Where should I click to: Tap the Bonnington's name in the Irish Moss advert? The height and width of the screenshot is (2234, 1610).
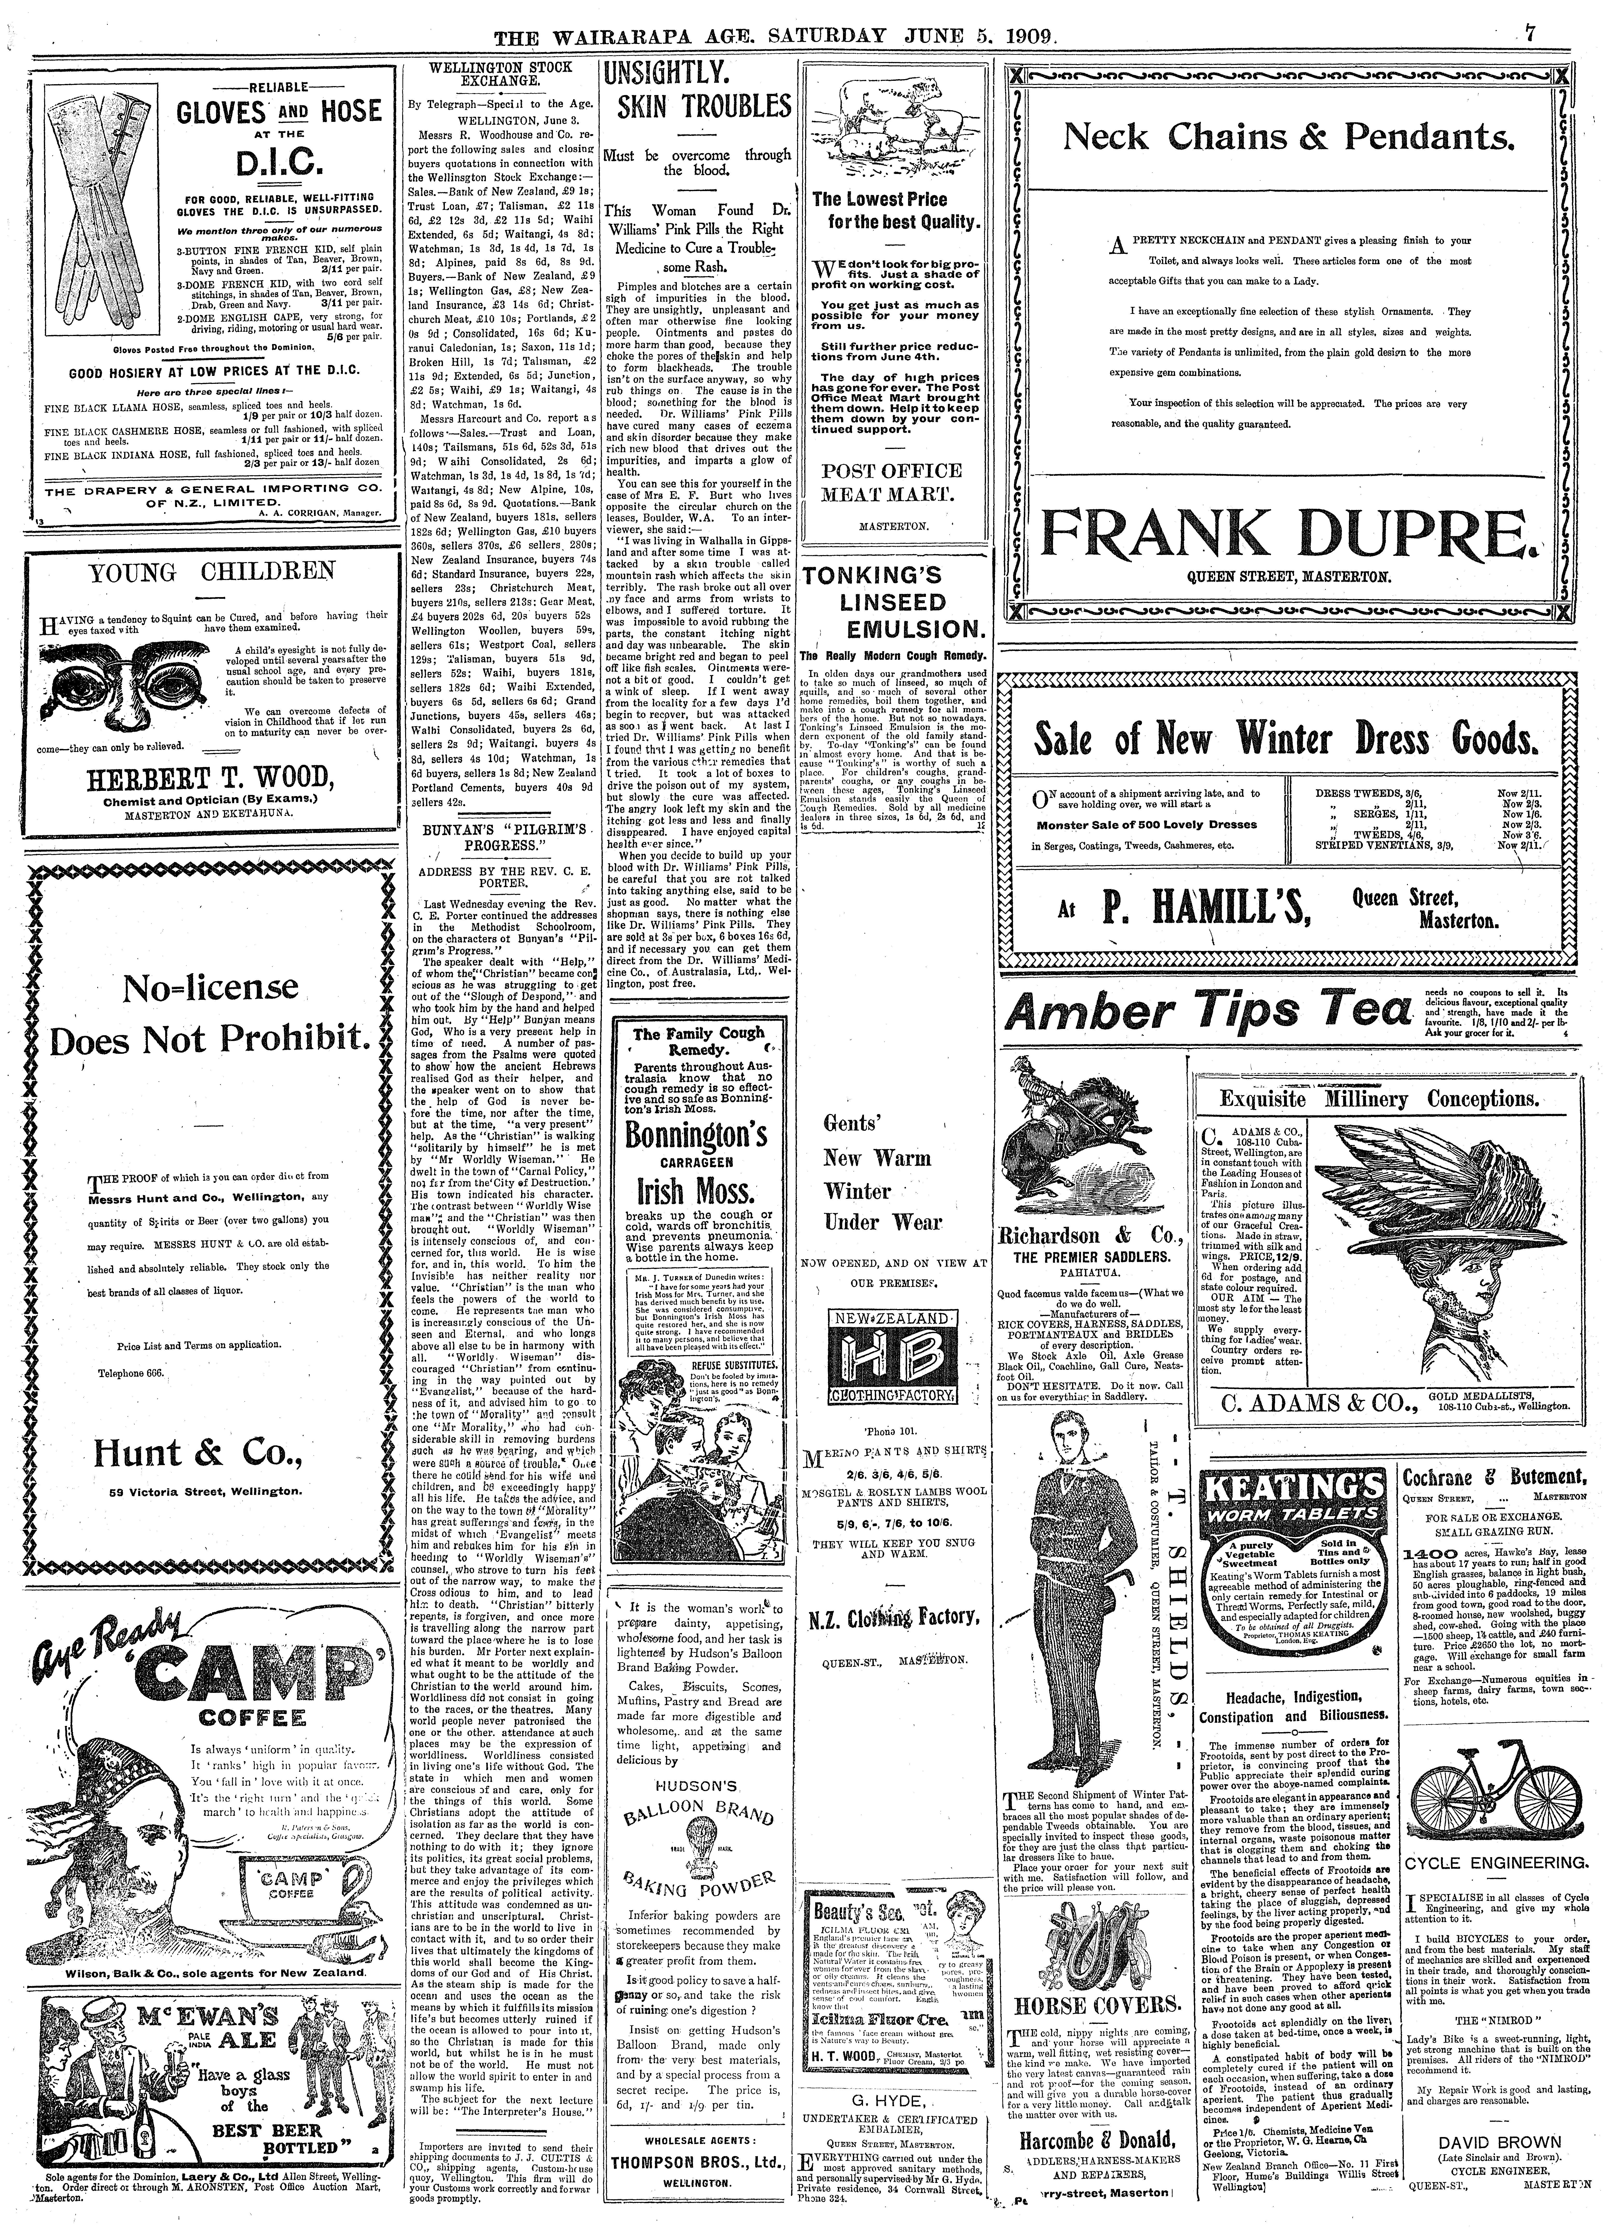(696, 1136)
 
